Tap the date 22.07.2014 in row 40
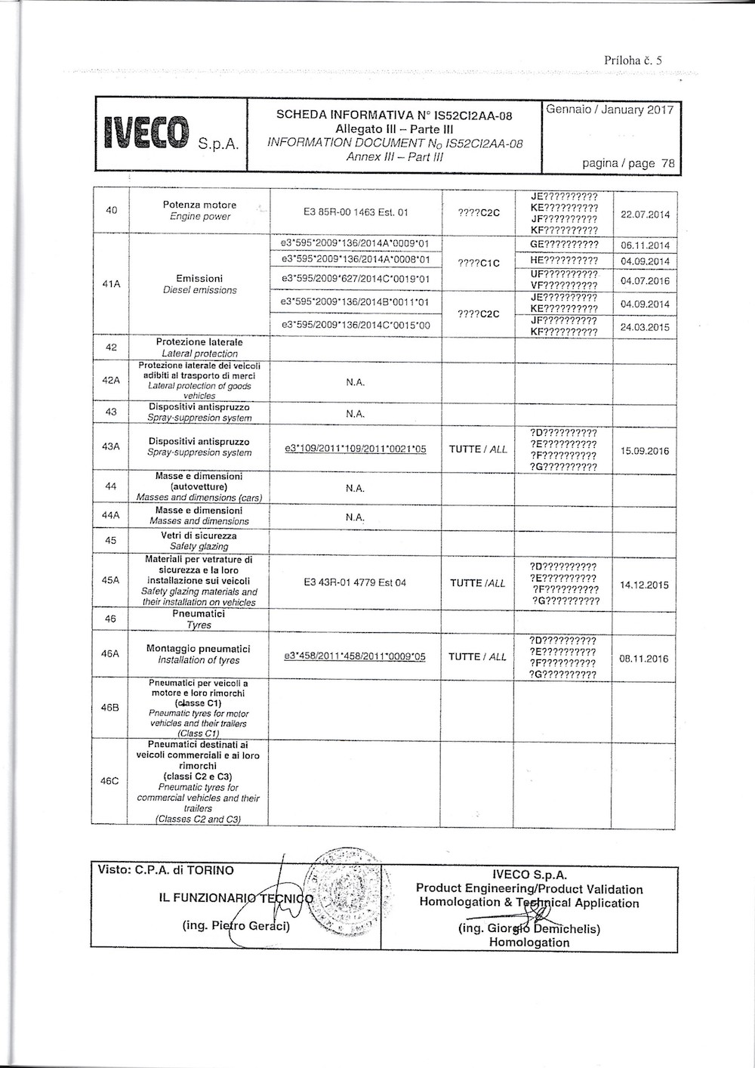click(x=645, y=215)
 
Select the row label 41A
click(x=111, y=284)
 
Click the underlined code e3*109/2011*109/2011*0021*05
click(x=355, y=449)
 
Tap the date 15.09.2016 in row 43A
click(x=645, y=451)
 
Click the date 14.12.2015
click(x=644, y=585)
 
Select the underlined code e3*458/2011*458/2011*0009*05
click(x=355, y=656)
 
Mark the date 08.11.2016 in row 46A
click(x=644, y=659)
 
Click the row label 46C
click(x=110, y=781)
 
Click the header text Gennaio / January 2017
click(x=609, y=110)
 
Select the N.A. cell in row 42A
click(x=355, y=382)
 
